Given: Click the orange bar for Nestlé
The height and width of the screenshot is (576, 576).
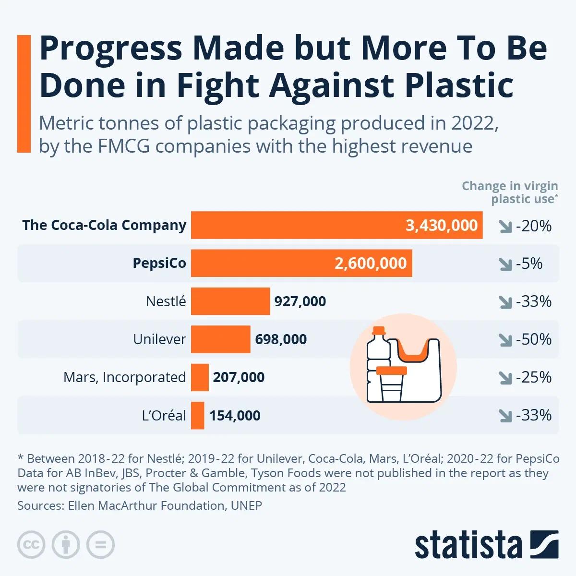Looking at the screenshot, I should pos(230,301).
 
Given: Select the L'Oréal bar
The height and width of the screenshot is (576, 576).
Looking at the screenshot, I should pos(197,415).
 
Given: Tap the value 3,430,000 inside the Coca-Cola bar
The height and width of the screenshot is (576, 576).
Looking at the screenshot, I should pos(442,225).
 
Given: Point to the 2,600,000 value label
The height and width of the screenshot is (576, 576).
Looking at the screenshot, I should pos(371,263).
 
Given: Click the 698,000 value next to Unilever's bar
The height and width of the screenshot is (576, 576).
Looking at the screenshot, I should pos(281,339).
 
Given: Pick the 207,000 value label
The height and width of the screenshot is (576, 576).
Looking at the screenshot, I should pos(239,377).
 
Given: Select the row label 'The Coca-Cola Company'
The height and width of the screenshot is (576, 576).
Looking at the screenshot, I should pos(104,225).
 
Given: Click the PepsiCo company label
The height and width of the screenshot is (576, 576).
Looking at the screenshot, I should pos(159,263).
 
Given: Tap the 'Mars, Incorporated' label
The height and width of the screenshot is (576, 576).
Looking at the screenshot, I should pos(124,377).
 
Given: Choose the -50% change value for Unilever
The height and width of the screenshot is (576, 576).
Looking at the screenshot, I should pos(533,339).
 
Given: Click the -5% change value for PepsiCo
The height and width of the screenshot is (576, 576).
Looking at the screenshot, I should pos(529,263).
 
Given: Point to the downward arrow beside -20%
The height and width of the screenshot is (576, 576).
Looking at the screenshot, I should pos(505,226).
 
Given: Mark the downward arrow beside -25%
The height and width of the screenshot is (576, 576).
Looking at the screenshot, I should pos(505,378).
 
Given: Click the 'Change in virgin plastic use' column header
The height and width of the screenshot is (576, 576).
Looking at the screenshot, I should pos(510,192).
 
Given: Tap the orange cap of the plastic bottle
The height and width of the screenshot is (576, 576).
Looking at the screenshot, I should pos(379,331).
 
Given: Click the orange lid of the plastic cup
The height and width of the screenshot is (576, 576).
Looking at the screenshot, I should pos(392,371).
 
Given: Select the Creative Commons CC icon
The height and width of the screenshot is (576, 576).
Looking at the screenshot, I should pos(31,545).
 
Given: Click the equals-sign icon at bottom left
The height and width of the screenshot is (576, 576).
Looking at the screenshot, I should pos(101,545).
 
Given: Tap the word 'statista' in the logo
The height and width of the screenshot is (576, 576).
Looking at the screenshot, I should pos(468,545).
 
